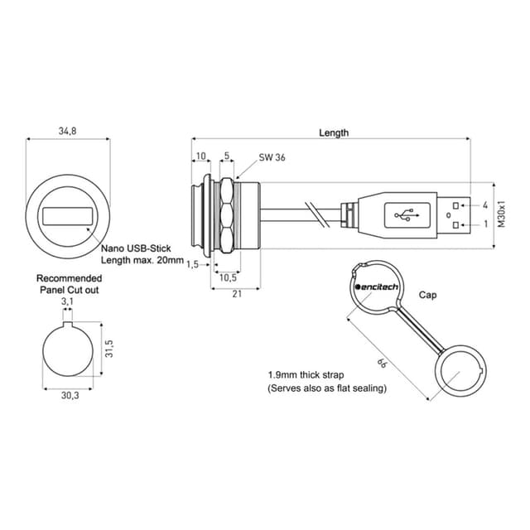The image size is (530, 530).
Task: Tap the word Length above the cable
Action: click(x=334, y=132)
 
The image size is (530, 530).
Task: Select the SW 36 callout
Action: click(x=272, y=157)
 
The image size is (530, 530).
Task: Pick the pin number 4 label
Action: click(x=485, y=205)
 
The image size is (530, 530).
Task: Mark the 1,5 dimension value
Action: click(x=192, y=264)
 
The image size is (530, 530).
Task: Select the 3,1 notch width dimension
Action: click(x=68, y=303)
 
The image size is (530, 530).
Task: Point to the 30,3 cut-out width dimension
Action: click(x=69, y=396)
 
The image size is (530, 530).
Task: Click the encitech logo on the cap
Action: click(x=377, y=287)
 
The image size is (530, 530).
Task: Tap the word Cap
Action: click(x=427, y=295)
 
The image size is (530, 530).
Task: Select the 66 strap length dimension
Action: click(x=383, y=362)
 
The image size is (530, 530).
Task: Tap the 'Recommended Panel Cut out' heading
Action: click(x=69, y=284)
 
